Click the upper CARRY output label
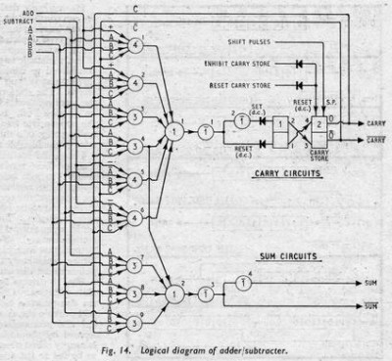(x=375, y=124)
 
